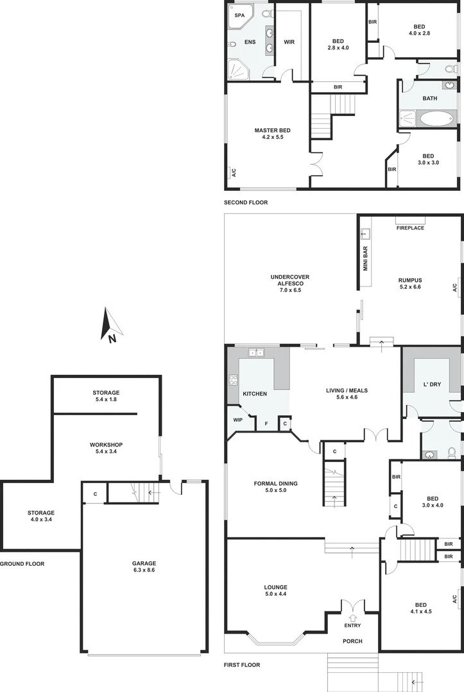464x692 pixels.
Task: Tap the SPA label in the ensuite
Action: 239,15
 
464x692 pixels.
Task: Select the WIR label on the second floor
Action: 289,42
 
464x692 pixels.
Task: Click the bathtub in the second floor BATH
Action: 437,119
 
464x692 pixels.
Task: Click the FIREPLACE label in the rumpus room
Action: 410,228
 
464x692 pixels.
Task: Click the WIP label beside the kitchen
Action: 238,421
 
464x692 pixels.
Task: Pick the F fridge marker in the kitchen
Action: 266,424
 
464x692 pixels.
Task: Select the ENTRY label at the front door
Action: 352,625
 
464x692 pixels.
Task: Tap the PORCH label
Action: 352,641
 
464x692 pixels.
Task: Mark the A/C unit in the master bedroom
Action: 233,172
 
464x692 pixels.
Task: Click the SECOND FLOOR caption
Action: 245,202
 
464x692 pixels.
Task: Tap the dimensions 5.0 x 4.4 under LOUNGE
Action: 275,595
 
